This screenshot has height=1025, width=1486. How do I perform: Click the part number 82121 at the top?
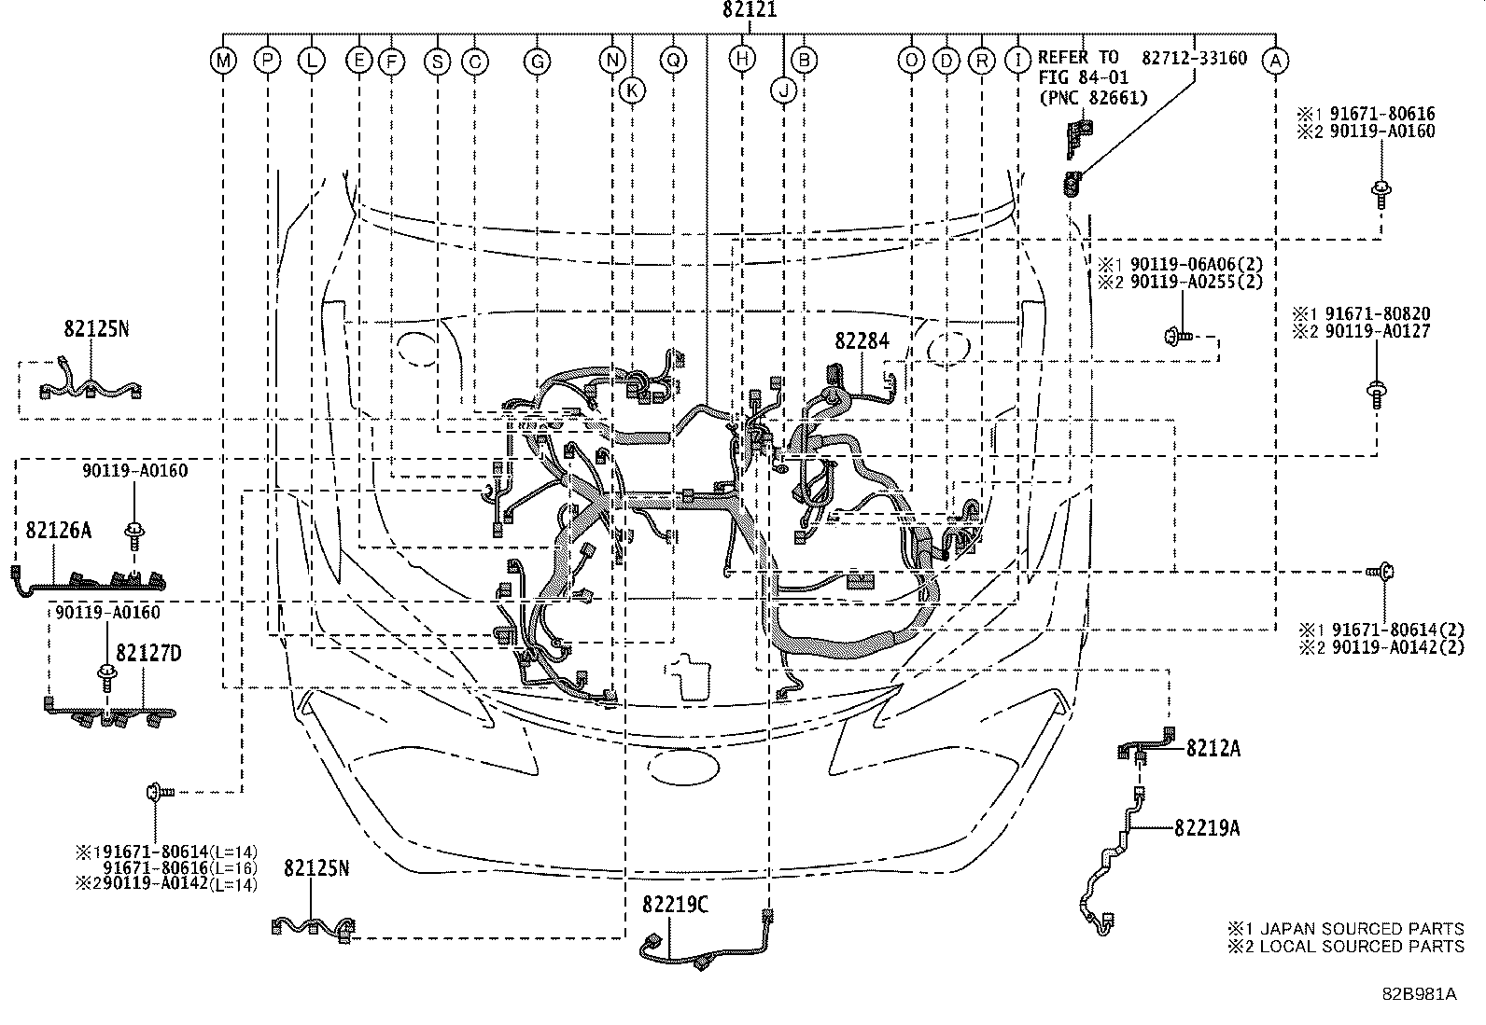pos(750,11)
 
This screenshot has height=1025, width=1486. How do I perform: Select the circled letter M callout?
pos(222,62)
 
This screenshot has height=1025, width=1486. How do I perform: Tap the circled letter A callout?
pos(1275,61)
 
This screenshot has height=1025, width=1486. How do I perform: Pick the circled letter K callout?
pos(632,90)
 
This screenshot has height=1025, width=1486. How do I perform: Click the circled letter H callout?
pos(742,60)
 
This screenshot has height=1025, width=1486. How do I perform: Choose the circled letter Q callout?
pos(673,61)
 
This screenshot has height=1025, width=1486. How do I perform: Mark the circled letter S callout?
pos(436,62)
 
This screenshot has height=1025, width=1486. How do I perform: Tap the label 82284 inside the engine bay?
pos(862,342)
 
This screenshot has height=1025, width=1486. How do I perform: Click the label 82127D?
pos(148,654)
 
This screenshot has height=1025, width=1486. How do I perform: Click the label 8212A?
pos(1213,749)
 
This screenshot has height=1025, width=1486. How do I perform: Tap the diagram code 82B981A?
pos(1420,993)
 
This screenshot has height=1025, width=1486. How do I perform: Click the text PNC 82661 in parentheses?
pos(1092,97)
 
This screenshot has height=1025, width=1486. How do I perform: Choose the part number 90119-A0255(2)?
pos(1185,282)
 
